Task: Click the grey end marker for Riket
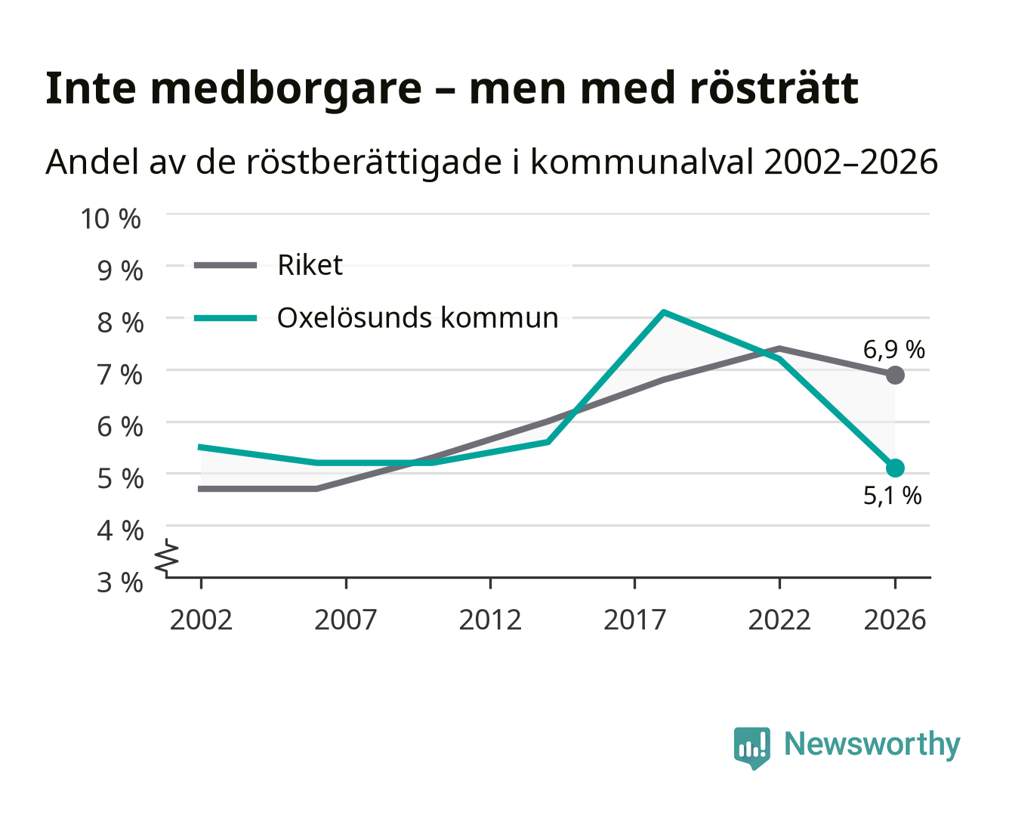[x=895, y=375]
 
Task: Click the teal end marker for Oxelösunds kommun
[x=895, y=468]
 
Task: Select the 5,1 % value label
[x=893, y=496]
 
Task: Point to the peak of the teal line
[x=664, y=312]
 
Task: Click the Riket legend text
[x=310, y=264]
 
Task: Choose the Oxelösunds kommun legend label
[x=418, y=317]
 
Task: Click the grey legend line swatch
[x=226, y=265]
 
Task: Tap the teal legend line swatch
[x=226, y=318]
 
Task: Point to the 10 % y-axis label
[x=111, y=219]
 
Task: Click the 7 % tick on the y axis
[x=120, y=375]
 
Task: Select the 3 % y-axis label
[x=120, y=583]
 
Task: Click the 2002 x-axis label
[x=202, y=620]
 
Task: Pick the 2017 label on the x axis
[x=634, y=620]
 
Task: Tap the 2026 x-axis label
[x=894, y=620]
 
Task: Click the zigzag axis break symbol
[x=167, y=558]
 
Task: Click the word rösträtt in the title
[x=774, y=88]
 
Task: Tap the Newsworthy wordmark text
[x=872, y=745]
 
